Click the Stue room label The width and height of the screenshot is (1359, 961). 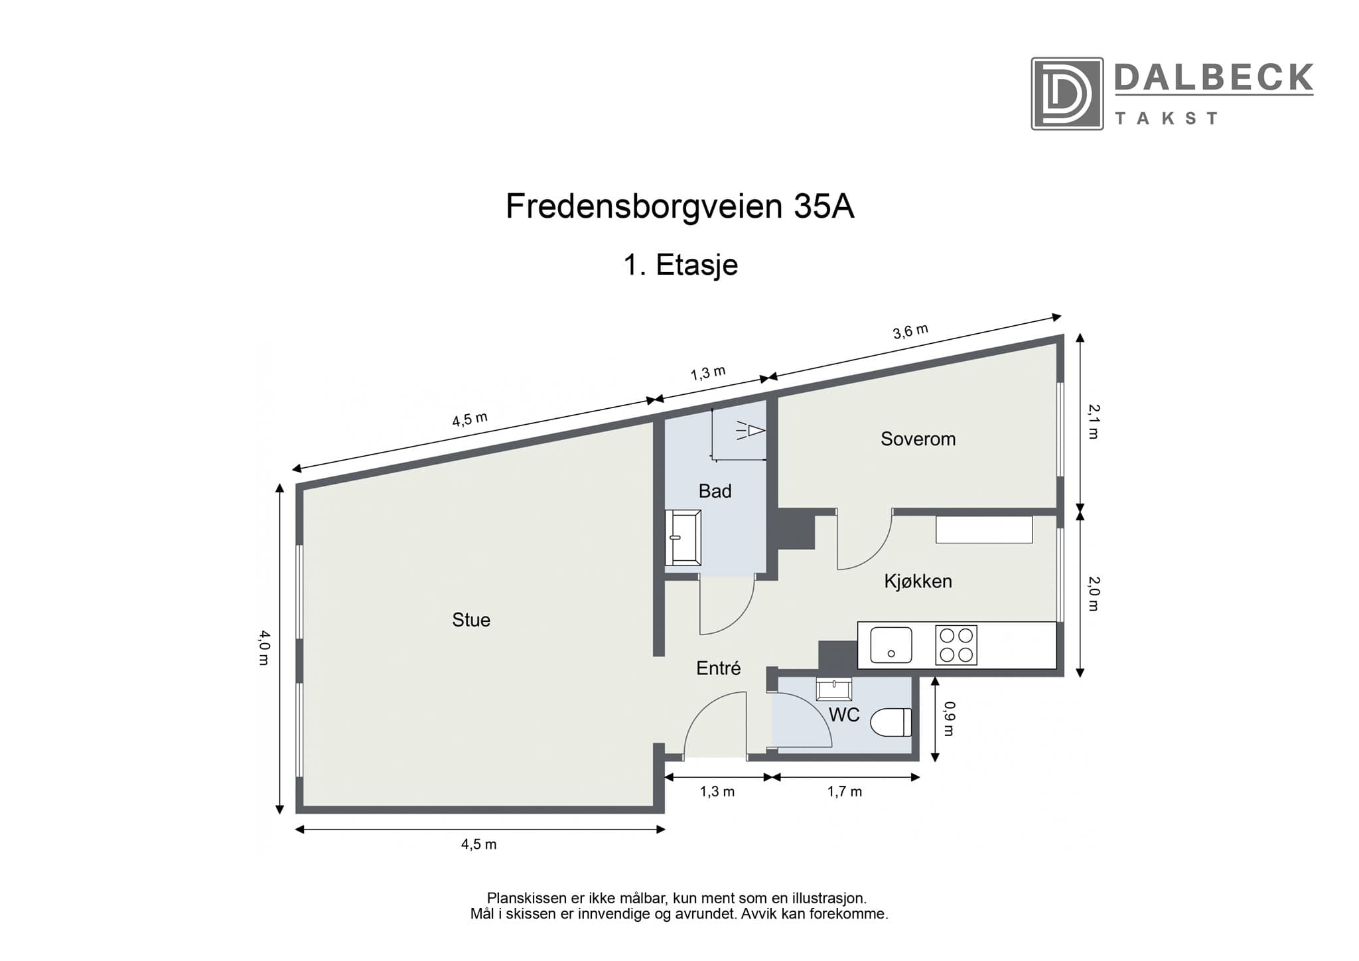(471, 620)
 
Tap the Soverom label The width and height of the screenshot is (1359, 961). (918, 439)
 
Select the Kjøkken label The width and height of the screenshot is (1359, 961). (918, 581)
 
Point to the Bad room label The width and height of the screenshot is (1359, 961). (715, 491)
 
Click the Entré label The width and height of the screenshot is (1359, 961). (718, 668)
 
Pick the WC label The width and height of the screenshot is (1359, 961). (844, 715)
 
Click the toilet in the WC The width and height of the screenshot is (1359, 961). (891, 723)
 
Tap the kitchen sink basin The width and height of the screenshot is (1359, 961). (891, 645)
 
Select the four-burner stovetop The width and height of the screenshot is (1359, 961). (956, 645)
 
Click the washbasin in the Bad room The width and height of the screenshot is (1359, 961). (683, 538)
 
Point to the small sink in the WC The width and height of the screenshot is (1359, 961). (833, 690)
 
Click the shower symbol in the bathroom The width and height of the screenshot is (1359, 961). (751, 431)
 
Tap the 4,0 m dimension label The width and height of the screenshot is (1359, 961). (264, 648)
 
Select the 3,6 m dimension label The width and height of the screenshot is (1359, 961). (910, 331)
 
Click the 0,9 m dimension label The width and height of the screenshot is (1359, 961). (948, 719)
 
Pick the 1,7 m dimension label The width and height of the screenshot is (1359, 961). (844, 792)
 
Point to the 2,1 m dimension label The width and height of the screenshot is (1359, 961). (1093, 421)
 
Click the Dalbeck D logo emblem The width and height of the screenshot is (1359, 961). (1066, 94)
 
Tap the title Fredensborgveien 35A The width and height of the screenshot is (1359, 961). (679, 206)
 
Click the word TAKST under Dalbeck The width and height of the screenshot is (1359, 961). (1166, 119)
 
